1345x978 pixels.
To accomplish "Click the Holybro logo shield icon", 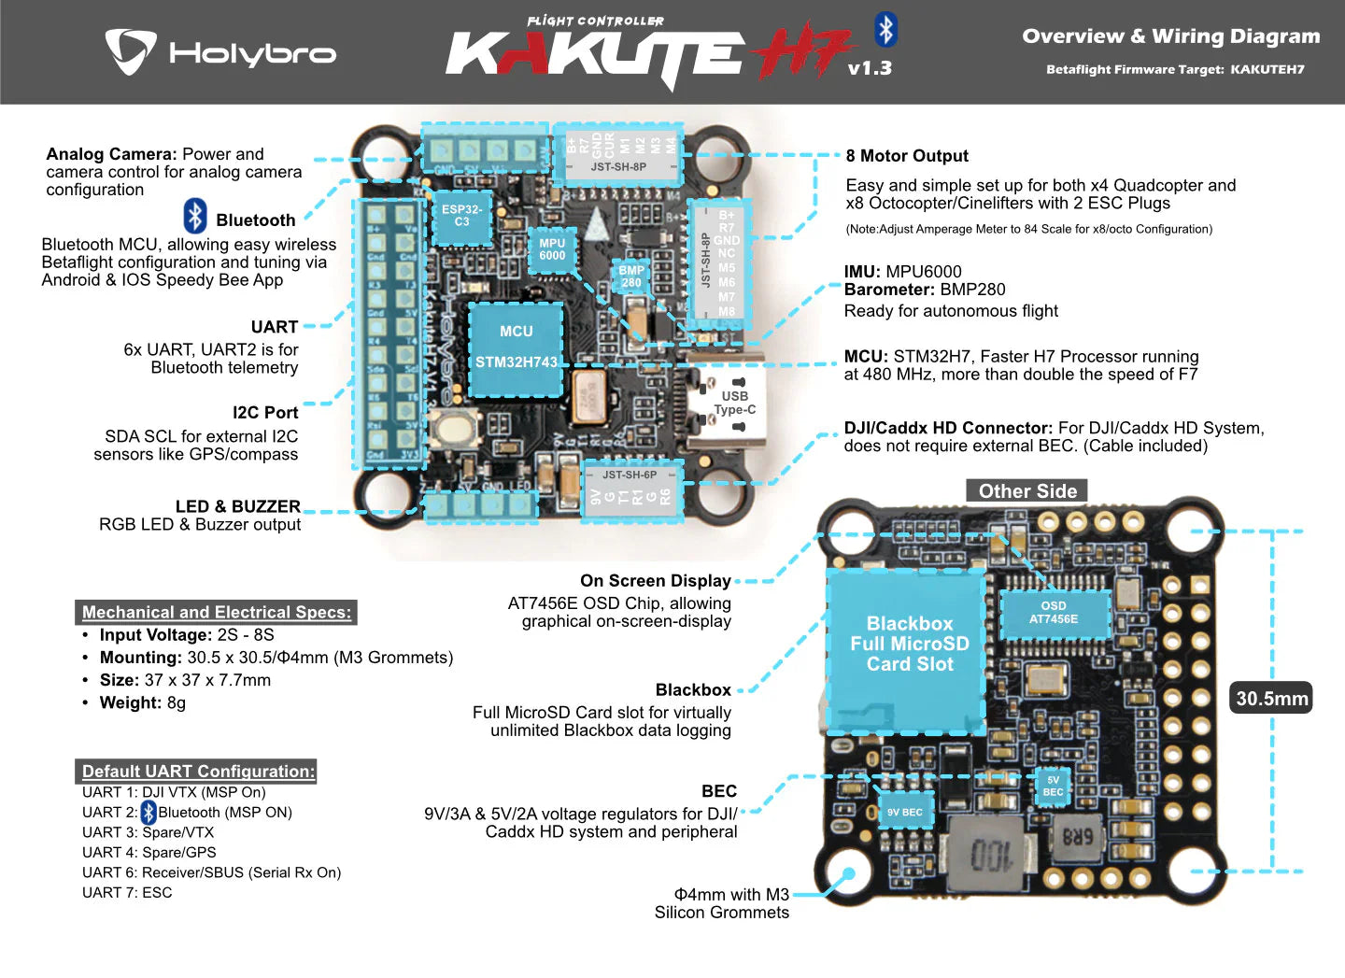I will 130,51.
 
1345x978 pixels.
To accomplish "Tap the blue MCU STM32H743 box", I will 516,348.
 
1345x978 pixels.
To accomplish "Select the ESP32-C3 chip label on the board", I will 461,216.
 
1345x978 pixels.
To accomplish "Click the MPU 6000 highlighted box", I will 552,249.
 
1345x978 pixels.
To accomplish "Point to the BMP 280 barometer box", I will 631,276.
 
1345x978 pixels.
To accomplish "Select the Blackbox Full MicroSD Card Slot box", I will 908,645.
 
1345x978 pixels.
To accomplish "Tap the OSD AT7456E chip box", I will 1054,613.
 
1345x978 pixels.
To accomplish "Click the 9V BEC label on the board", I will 903,813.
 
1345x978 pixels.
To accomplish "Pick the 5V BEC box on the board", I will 1053,786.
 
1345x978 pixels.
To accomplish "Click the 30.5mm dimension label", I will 1271,698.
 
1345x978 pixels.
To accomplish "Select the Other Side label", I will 1026,491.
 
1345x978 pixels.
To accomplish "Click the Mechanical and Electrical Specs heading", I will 216,613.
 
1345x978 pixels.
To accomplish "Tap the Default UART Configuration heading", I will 198,772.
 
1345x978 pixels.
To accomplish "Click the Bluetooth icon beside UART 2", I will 149,813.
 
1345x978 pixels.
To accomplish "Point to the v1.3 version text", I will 869,68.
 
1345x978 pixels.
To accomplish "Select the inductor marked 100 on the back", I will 989,854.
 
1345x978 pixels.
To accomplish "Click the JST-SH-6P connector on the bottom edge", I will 631,488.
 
